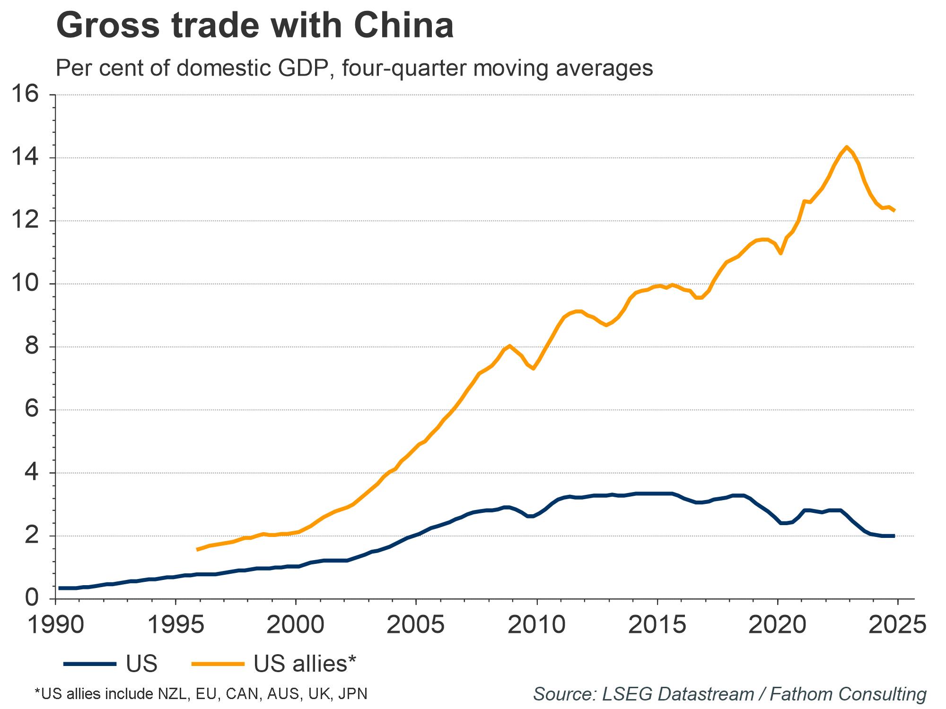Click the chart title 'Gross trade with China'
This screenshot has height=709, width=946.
pos(254,26)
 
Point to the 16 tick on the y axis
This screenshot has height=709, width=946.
pos(25,95)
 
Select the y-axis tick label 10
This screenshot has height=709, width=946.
pos(25,284)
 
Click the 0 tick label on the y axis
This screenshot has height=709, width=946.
pos(32,598)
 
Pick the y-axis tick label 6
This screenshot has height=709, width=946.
pos(32,409)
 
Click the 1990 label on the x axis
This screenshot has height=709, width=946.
pos(56,625)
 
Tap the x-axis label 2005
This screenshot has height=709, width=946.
pos(415,625)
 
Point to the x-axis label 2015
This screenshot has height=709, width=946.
pos(657,625)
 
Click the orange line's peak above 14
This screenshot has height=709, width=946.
pos(846,147)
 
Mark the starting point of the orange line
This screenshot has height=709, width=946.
pos(197,549)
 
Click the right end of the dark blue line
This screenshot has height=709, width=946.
pos(894,536)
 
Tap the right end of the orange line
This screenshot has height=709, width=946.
pos(894,210)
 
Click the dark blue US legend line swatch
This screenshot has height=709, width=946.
pos(90,664)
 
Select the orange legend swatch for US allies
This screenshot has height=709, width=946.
pos(218,664)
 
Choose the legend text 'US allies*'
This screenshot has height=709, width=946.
pos(305,664)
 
